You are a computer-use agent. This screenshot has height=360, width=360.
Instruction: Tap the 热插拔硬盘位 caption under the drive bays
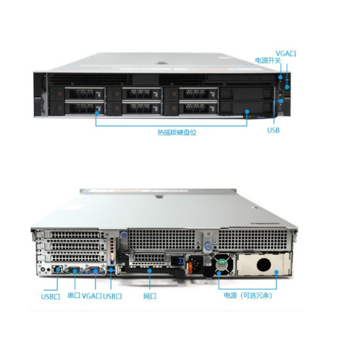click(x=177, y=132)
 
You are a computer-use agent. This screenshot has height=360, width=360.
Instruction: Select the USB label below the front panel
click(x=273, y=130)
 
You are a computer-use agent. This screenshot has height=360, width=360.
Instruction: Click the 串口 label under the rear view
click(x=74, y=296)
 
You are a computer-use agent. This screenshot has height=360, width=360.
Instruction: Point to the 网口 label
click(x=150, y=296)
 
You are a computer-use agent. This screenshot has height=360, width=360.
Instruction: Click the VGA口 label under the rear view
click(x=92, y=296)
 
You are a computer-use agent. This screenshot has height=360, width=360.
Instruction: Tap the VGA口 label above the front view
click(x=286, y=53)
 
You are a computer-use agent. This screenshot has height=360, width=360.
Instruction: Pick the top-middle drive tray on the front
click(x=139, y=93)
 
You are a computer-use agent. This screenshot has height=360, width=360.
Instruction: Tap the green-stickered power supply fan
click(x=223, y=264)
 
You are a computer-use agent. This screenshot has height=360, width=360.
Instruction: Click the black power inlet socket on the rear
click(x=196, y=264)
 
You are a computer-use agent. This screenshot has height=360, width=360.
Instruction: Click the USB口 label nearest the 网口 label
click(x=113, y=296)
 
